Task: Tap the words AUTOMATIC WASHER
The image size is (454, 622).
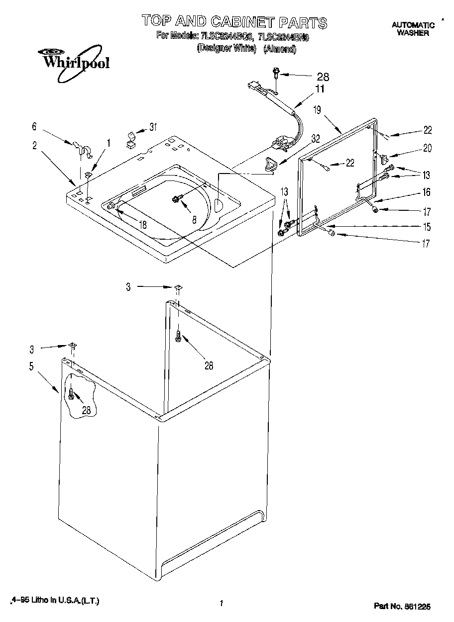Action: tap(413, 29)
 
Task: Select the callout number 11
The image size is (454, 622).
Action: tap(319, 89)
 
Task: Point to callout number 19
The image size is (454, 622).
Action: tap(317, 110)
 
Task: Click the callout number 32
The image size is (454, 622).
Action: tap(315, 139)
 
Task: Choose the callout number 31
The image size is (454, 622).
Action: tap(153, 127)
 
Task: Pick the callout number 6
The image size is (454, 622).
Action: tap(34, 127)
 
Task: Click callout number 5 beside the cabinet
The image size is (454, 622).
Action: tap(31, 367)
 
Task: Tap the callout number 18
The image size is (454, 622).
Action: tap(143, 225)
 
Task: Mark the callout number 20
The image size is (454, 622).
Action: tap(427, 148)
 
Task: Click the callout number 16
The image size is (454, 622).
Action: tap(426, 192)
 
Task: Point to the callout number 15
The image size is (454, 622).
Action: tap(426, 227)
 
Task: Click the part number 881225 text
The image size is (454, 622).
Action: tap(402, 606)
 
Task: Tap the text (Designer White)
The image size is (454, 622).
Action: tap(227, 49)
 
